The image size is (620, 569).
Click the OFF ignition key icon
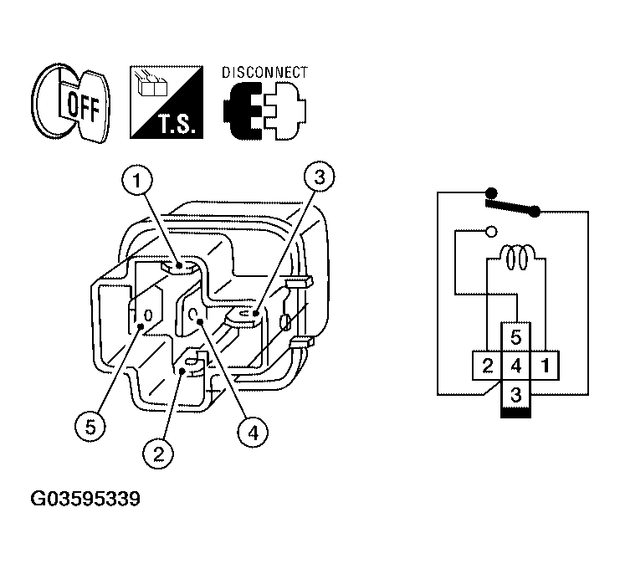70,104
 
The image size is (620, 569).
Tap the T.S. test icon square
167,102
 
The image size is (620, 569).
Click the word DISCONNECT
264,73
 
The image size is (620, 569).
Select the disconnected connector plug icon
264,110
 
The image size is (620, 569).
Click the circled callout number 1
137,181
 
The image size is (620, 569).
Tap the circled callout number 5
90,427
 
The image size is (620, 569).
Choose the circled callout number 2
158,454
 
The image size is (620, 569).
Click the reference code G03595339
85,499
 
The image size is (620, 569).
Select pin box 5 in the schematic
516,337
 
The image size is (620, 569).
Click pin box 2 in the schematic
487,366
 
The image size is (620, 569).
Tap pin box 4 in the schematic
516,366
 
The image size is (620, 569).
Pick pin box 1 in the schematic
545,366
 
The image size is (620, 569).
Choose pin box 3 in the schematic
516,394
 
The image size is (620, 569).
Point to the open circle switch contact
491,231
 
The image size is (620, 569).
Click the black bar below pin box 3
516,413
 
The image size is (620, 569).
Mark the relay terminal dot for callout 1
179,265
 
